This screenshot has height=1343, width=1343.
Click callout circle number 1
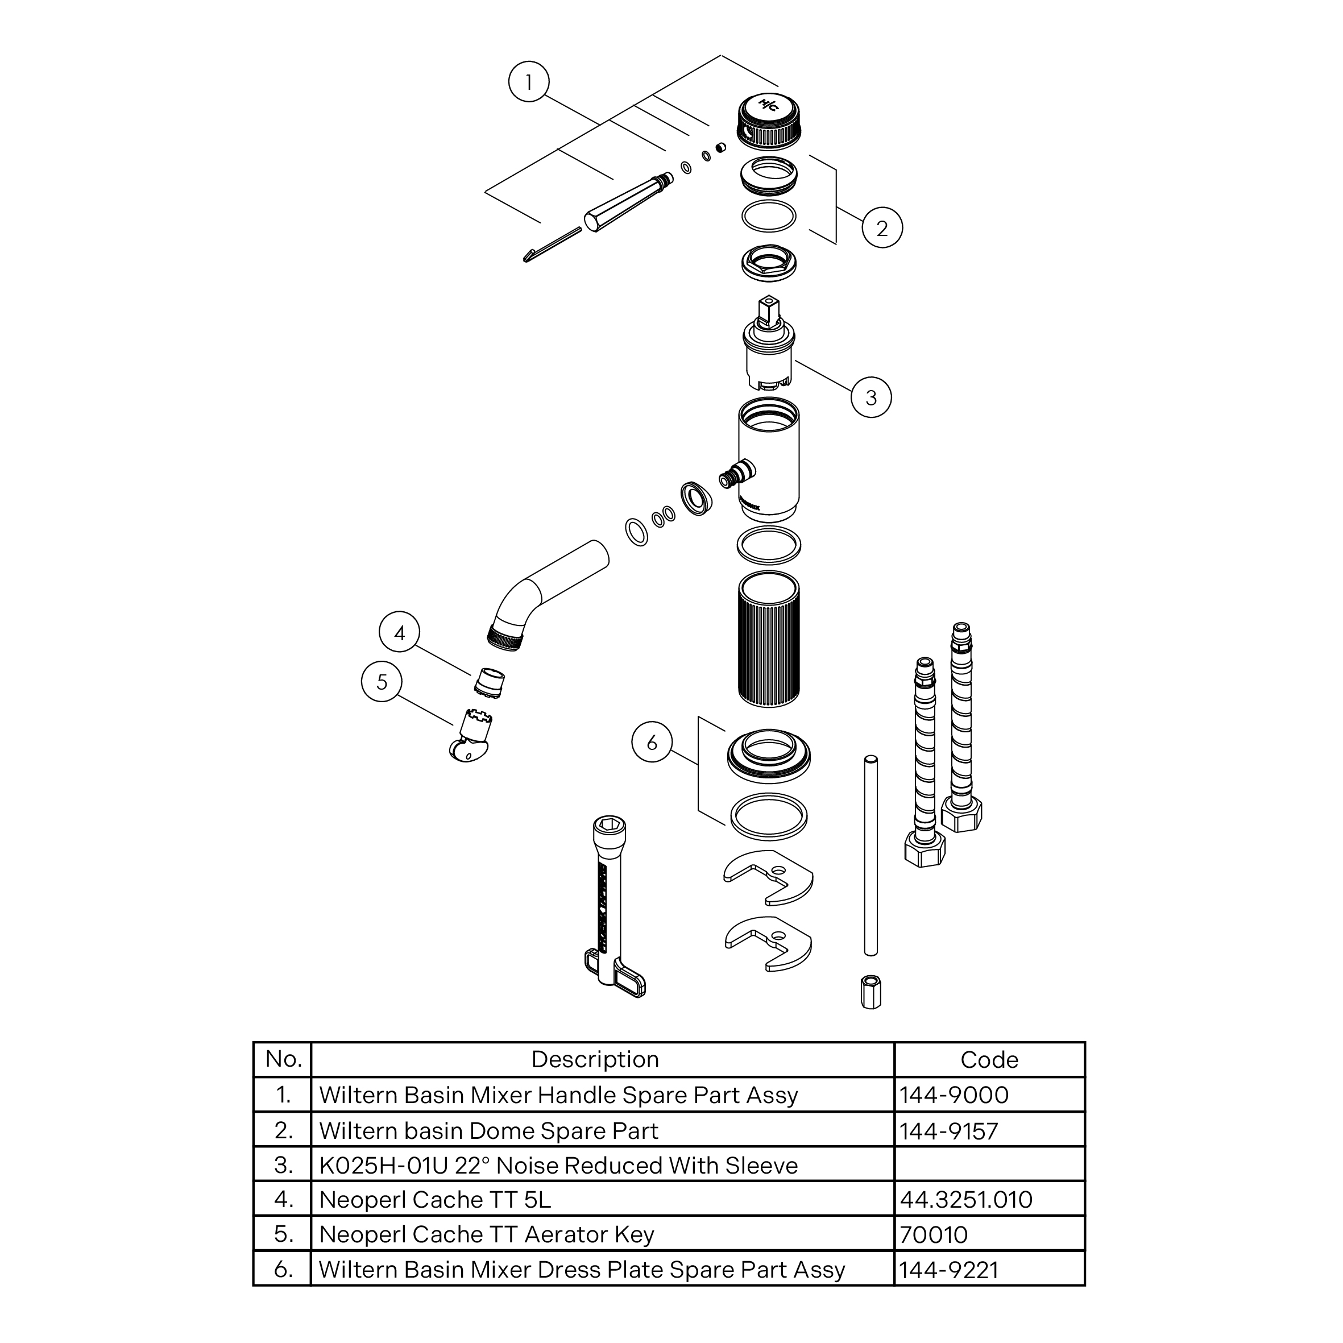(x=529, y=82)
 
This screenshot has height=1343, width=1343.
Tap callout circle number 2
(x=882, y=227)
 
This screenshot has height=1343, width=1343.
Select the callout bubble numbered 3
(x=871, y=397)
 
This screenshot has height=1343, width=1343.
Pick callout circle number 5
(x=382, y=681)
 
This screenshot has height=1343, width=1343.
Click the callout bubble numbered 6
(x=652, y=743)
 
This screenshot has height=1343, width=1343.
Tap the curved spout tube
(x=549, y=594)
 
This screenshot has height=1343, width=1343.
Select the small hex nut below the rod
(x=871, y=992)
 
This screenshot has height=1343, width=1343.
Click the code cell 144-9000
(x=953, y=1095)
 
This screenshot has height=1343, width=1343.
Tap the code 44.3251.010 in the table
(x=965, y=1199)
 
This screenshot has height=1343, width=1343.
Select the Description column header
(x=595, y=1059)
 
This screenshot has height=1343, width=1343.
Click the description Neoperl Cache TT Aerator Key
(x=487, y=1234)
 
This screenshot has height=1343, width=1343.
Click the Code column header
(x=989, y=1059)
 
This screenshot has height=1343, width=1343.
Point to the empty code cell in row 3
(x=989, y=1164)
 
